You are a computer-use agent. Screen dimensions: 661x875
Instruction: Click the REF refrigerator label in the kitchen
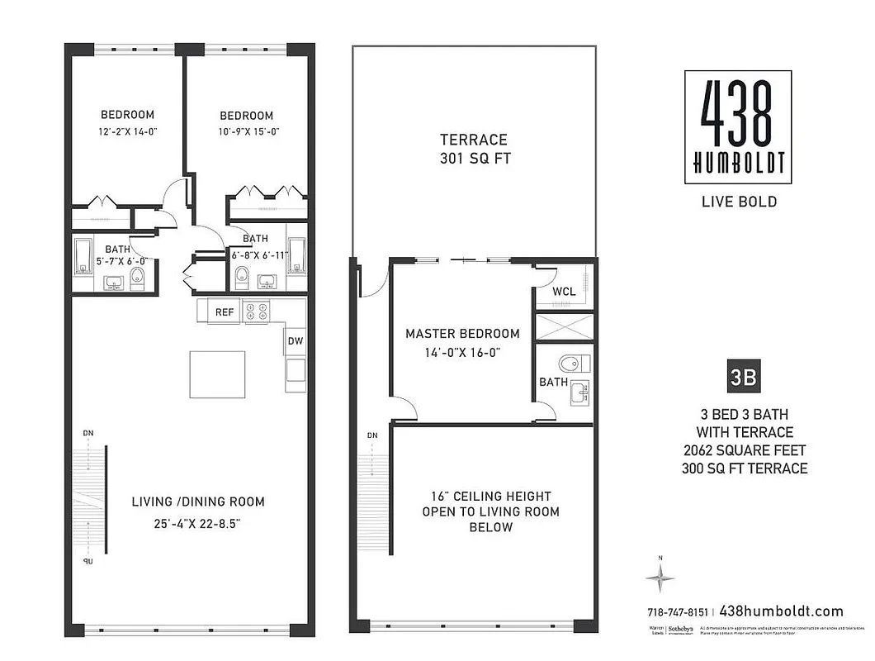pos(224,312)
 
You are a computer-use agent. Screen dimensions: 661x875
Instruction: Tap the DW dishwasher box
pos(296,341)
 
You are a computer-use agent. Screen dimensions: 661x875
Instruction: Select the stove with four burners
pos(258,311)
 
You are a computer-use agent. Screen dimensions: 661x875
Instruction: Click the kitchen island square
pos(218,374)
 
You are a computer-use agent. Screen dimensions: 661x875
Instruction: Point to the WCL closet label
pos(564,292)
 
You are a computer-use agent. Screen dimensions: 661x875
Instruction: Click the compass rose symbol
pos(660,579)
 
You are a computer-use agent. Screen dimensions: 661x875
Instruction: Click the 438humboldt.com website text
pos(782,611)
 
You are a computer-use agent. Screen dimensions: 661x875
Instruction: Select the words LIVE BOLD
pos(738,202)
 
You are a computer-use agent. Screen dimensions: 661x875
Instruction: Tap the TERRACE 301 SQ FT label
pos(473,149)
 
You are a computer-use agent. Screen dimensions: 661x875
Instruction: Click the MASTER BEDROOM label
pos(462,334)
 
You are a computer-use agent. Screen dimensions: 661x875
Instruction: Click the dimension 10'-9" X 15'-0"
pos(246,132)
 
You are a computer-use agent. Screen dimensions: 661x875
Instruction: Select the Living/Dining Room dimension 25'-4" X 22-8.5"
pos(198,523)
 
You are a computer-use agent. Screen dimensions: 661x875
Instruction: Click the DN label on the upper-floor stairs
pos(372,435)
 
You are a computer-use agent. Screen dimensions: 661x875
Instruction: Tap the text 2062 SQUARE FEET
pos(744,450)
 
